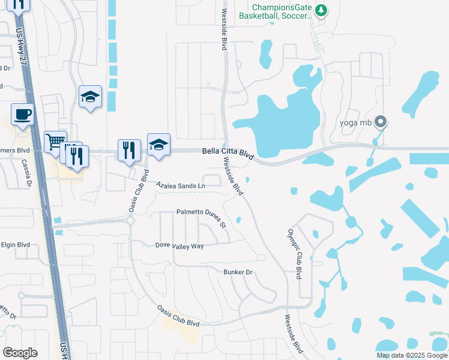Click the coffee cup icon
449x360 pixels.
22,114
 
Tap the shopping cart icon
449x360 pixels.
55,142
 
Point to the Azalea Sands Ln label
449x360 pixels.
181,186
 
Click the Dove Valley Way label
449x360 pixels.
179,245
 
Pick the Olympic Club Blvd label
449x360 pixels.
294,253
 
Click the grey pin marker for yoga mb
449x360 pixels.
380,122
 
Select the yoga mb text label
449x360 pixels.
357,123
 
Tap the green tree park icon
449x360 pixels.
321,10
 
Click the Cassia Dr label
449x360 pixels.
26,173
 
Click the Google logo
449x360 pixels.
20,352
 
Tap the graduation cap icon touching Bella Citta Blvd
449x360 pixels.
158,145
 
